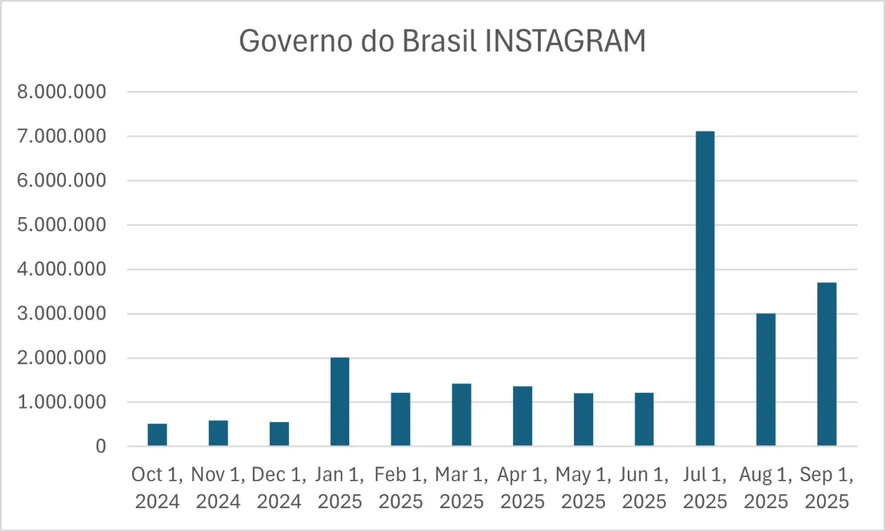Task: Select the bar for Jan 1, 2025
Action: [339, 402]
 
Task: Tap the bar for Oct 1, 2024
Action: [157, 435]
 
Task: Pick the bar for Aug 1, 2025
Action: [765, 380]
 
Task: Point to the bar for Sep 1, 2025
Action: [826, 364]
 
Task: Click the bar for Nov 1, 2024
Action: [218, 434]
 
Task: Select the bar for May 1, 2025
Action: [583, 420]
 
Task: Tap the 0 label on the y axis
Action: [101, 447]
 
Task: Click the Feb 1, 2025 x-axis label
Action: [400, 488]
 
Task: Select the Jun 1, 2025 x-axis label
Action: [644, 488]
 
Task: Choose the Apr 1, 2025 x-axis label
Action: [522, 488]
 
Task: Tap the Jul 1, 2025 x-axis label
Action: [705, 488]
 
